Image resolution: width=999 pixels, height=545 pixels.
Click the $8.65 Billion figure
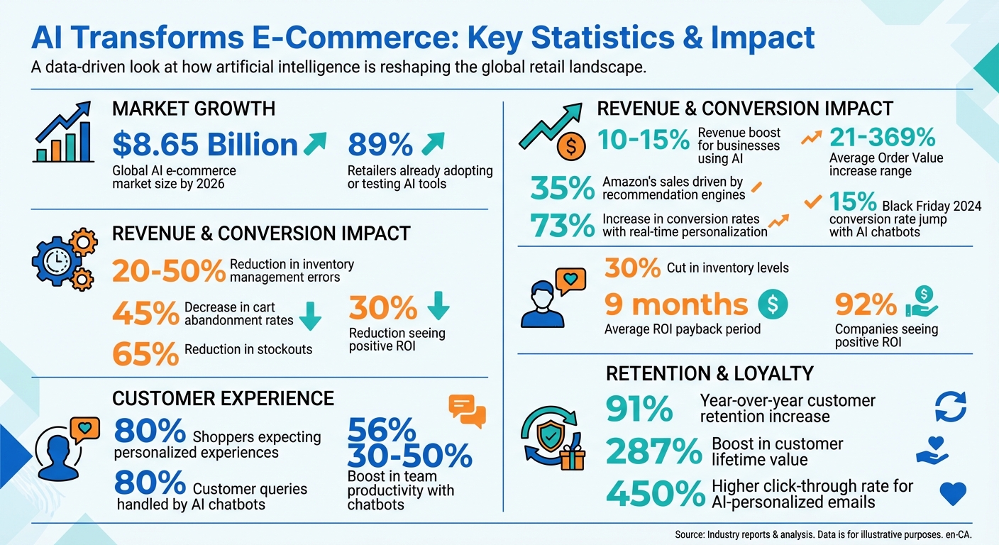click(x=205, y=145)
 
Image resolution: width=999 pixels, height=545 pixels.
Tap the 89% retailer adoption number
click(x=380, y=145)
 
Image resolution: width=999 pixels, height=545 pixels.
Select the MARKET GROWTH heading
click(x=194, y=109)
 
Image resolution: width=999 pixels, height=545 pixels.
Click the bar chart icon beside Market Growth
click(x=63, y=133)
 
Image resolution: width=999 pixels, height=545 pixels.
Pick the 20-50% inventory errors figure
click(x=169, y=270)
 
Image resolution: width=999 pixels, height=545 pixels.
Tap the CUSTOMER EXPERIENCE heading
click(x=223, y=398)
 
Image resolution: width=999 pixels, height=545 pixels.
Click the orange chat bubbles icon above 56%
click(x=468, y=411)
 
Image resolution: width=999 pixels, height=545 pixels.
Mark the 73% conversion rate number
click(x=563, y=225)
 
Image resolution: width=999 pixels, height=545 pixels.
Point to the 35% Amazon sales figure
click(x=563, y=189)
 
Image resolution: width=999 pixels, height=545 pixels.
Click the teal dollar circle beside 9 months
click(x=773, y=304)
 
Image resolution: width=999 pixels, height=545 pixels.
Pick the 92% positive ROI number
click(x=866, y=305)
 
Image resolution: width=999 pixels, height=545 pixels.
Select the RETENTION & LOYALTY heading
click(x=710, y=373)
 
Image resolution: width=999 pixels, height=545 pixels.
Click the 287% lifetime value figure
click(x=654, y=451)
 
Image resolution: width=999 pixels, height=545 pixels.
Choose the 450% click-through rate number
click(x=654, y=492)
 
